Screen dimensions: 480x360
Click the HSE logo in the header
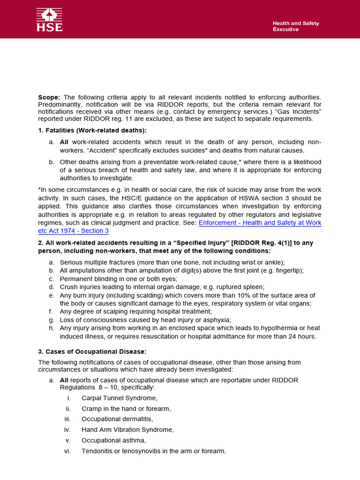pos(50,20)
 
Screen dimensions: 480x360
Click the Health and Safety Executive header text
pos(296,26)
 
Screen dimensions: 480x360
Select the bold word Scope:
pos(49,97)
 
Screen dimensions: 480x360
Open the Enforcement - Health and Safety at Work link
pos(260,223)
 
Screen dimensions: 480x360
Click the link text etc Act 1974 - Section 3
pos(73,231)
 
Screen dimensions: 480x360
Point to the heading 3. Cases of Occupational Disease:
pos(92,352)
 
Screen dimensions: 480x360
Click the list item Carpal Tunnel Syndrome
pos(119,398)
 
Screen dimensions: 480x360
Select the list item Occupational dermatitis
pos(117,419)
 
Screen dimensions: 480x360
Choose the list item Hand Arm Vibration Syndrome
pos(127,430)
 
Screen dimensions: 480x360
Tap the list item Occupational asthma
pos(114,441)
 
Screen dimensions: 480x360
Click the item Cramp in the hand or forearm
pos(126,409)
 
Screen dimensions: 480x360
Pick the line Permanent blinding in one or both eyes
pos(119,278)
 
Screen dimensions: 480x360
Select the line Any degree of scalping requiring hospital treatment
pos(136,311)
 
